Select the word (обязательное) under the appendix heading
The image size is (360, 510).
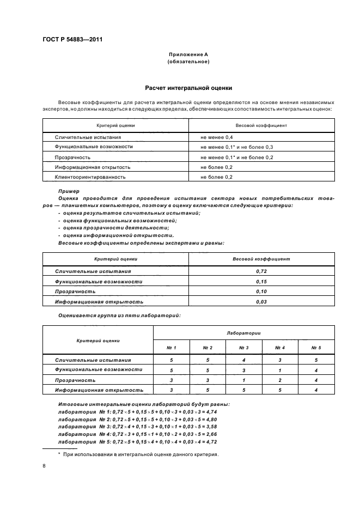[x=188, y=62]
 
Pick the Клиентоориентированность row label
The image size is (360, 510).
[x=90, y=177]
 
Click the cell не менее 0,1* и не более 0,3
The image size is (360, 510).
[x=236, y=147]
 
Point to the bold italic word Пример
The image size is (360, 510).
[x=69, y=191]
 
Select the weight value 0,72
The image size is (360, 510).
[x=261, y=271]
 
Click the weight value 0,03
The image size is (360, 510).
[x=261, y=301]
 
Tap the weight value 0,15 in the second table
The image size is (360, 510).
[x=261, y=281]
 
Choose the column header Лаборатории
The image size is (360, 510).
[x=244, y=332]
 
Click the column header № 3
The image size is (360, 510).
[x=244, y=348]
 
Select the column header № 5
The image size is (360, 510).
[x=316, y=348]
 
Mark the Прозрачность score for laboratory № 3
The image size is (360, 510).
[x=244, y=380]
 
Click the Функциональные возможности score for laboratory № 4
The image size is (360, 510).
[x=280, y=370]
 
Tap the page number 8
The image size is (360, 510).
[x=44, y=466]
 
